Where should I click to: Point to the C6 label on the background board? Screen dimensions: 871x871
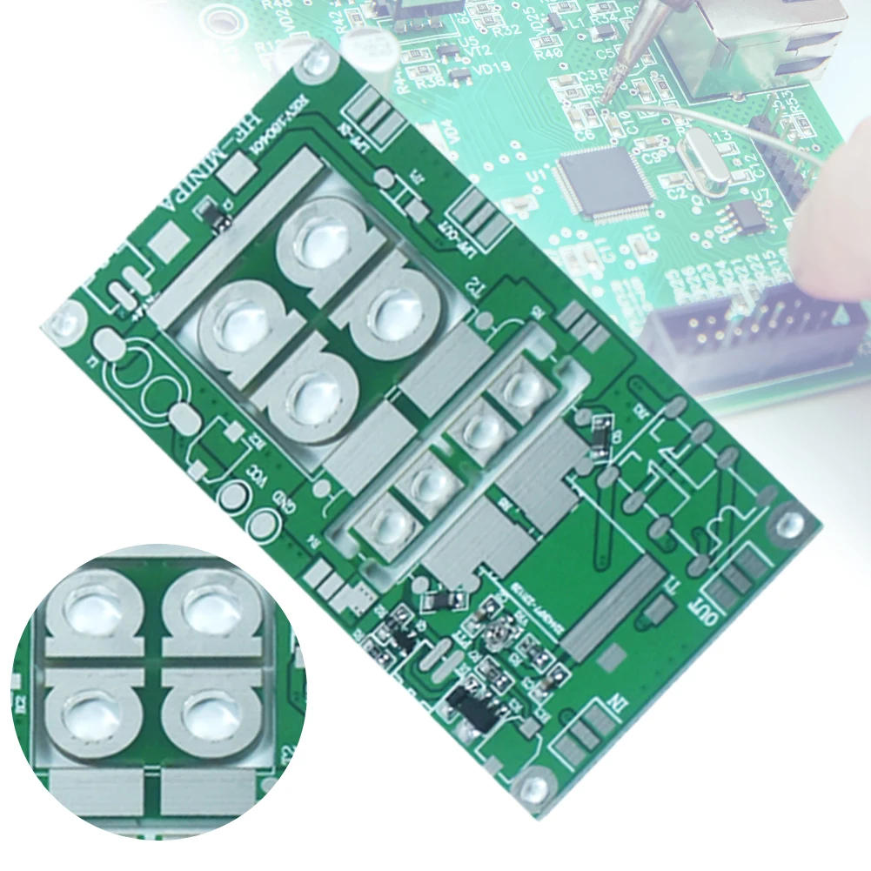click(x=584, y=135)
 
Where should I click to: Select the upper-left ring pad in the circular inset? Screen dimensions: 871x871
click(x=91, y=609)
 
